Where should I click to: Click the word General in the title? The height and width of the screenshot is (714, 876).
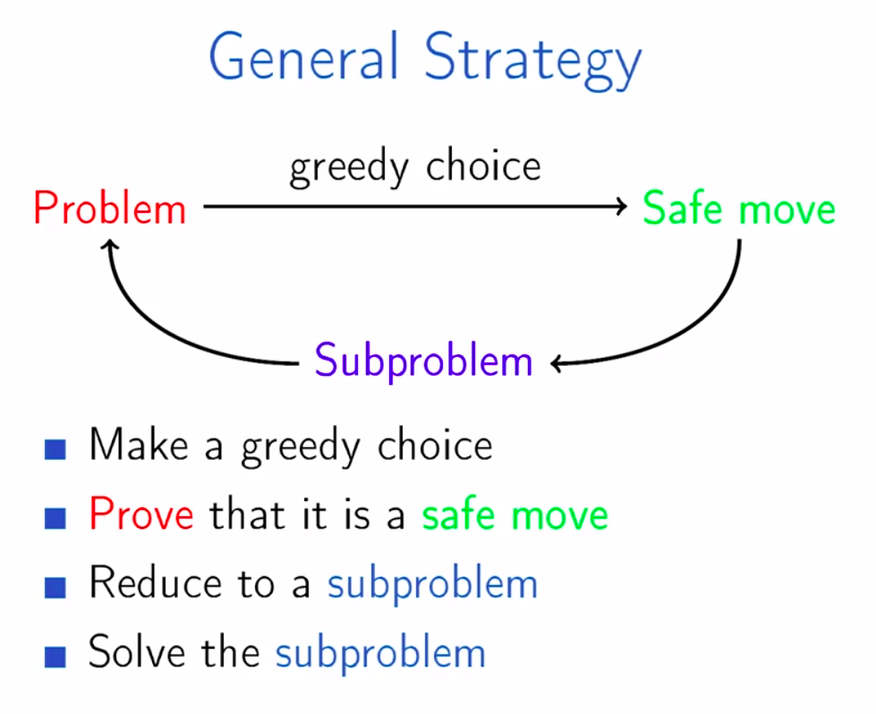[x=304, y=56]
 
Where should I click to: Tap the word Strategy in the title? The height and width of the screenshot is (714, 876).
[x=533, y=60]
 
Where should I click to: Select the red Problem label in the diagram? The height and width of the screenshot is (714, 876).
[x=109, y=208]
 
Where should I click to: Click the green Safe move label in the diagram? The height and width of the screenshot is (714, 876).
[x=738, y=208]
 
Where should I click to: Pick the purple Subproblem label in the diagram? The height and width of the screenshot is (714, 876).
[x=423, y=361]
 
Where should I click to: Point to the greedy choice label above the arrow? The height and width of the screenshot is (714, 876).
[x=416, y=168]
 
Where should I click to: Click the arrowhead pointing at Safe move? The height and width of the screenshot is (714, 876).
[x=621, y=206]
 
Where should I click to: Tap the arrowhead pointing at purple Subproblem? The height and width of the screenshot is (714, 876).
[x=557, y=364]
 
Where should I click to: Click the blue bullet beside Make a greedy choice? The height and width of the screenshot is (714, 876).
[x=55, y=449]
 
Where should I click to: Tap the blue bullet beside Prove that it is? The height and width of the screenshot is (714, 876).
[x=55, y=518]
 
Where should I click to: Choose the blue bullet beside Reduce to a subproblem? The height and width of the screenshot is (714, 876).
[x=55, y=587]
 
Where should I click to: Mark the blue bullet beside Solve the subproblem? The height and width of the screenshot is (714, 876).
[x=55, y=657]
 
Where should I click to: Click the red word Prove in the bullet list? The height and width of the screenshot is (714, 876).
[x=141, y=514]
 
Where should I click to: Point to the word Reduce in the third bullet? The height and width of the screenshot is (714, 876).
[x=156, y=582]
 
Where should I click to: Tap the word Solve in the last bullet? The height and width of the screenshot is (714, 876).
[x=137, y=651]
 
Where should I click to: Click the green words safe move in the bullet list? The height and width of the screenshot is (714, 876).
[x=515, y=514]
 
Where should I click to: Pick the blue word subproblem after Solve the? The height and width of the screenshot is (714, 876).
[x=380, y=654]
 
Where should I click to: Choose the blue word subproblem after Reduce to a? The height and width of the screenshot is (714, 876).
[x=432, y=584]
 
